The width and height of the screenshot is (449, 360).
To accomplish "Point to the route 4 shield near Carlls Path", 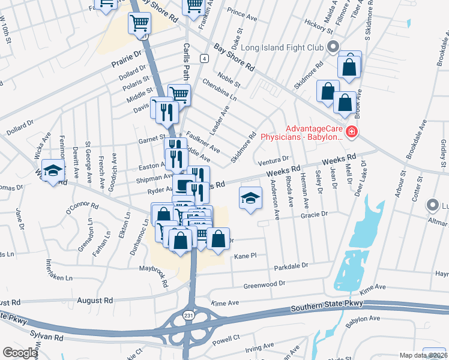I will click(x=205, y=58).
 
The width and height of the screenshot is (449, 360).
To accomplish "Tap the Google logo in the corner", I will click(x=20, y=353).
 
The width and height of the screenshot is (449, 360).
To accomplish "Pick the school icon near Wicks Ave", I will click(x=53, y=171).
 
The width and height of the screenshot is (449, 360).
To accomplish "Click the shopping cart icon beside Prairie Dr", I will click(x=139, y=23).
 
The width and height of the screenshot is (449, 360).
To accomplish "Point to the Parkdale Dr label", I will click(x=291, y=265).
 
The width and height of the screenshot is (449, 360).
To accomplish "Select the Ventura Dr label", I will click(x=273, y=161).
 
